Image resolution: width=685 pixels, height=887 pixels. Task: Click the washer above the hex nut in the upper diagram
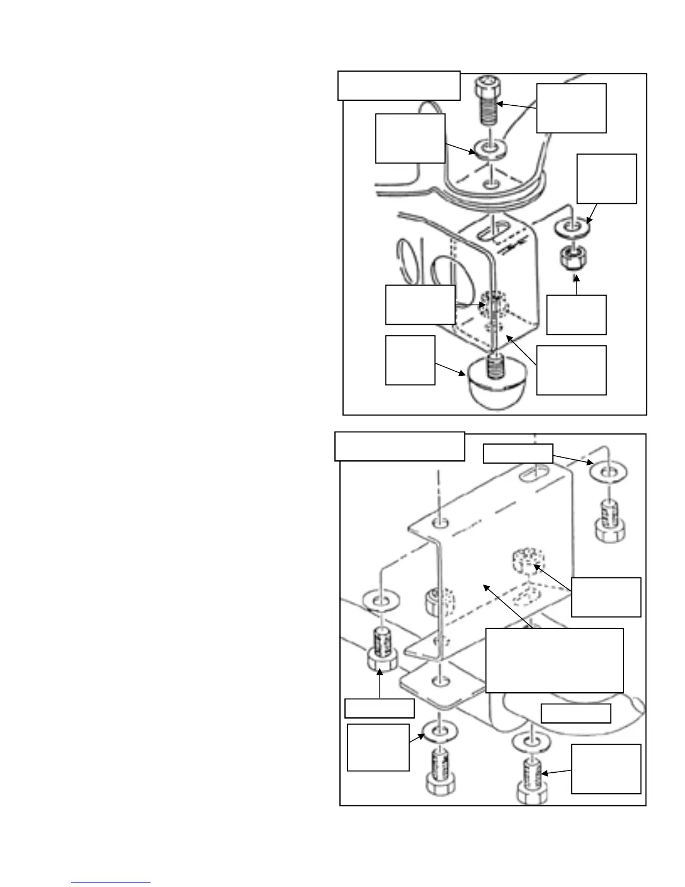pos(571,228)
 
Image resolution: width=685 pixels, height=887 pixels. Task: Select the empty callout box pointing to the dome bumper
pos(410,360)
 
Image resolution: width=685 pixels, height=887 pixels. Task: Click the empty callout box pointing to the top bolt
pos(571,108)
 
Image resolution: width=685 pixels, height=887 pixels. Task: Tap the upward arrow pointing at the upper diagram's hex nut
pos(576,283)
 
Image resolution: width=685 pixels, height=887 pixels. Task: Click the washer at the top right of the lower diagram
pos(607,473)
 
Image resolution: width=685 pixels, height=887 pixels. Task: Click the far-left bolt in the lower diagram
pos(382,650)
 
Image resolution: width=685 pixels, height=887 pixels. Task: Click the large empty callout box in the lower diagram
pos(554,660)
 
